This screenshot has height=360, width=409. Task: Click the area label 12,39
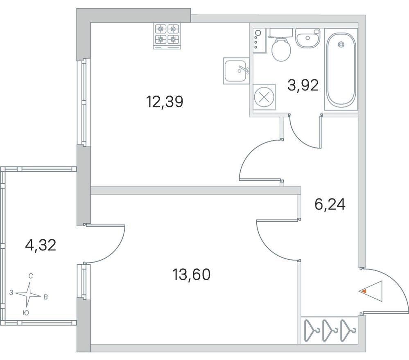pos(164,102)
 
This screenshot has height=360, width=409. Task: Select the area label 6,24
pos(330,203)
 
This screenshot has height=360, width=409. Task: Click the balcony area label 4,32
pos(40,245)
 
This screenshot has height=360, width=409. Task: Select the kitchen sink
pos(236,70)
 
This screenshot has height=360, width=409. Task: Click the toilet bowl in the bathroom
pos(281,48)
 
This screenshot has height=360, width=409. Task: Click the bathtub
pos(340,70)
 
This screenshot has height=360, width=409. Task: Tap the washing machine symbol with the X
pos(262,98)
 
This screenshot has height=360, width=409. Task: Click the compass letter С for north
pos(31,276)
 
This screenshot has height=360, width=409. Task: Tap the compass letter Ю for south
pos(25,313)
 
